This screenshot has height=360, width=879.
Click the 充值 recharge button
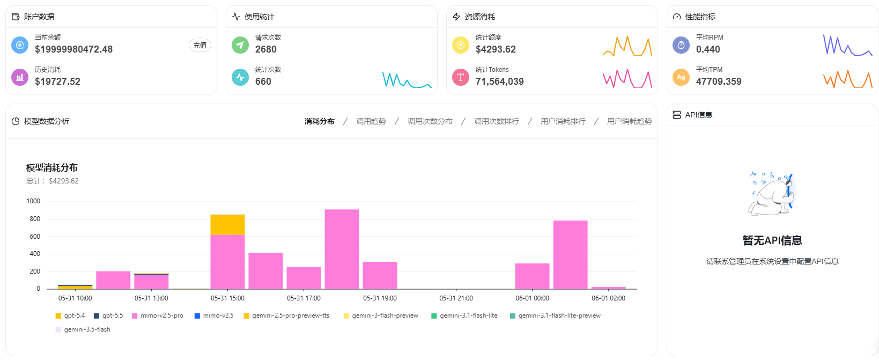tap(200, 46)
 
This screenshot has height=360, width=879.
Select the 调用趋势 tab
tap(371, 121)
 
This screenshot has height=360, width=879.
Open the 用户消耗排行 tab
tap(563, 121)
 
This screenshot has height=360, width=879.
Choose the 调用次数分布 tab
tap(430, 121)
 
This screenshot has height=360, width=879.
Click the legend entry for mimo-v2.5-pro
tap(158, 315)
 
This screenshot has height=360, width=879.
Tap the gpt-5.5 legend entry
tap(108, 315)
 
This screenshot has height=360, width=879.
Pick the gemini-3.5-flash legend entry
tap(83, 329)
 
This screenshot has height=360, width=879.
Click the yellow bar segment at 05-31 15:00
tap(227, 225)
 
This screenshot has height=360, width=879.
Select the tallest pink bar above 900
tap(342, 249)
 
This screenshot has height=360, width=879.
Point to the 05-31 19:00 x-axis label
tap(380, 298)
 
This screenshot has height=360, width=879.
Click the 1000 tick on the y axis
tap(33, 201)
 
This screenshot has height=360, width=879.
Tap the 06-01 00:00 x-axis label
tap(532, 298)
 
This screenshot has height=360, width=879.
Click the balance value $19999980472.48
tap(74, 49)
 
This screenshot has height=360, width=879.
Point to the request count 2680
tap(266, 49)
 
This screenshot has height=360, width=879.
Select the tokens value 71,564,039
tap(499, 82)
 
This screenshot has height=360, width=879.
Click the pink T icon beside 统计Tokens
tap(461, 77)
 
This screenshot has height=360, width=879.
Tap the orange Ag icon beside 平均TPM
tap(681, 77)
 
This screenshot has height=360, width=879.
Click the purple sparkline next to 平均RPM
tap(847, 46)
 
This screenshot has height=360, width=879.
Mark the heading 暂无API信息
tap(772, 240)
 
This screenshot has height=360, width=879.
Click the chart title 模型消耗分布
tap(52, 167)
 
